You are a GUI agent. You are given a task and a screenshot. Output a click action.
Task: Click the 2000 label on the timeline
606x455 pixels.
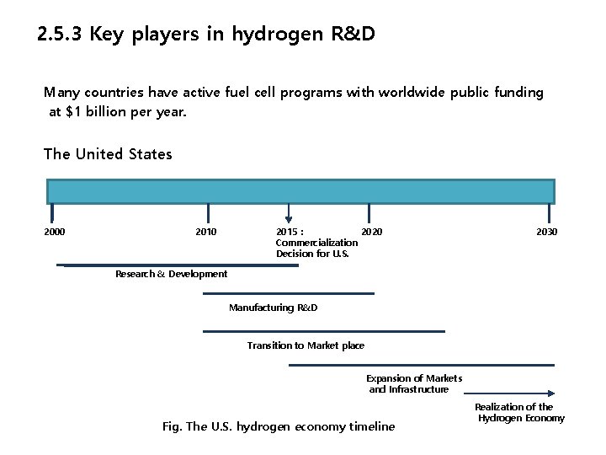[x=55, y=232]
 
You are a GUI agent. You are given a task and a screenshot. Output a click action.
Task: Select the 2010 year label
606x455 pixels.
[x=205, y=232]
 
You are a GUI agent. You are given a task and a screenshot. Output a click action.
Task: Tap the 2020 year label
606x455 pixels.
[x=371, y=232]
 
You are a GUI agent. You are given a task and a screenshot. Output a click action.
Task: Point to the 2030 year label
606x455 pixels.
[x=546, y=232]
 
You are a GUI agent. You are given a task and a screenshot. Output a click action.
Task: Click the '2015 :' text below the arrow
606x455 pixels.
[x=290, y=232]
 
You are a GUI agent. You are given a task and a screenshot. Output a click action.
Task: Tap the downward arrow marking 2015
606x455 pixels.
[x=289, y=213]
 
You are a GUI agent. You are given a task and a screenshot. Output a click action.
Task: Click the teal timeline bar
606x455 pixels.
[x=300, y=191]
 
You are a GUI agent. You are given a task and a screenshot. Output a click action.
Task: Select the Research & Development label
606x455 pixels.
[x=171, y=274]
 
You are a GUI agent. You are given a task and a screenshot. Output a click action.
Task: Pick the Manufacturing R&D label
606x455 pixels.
[x=273, y=308]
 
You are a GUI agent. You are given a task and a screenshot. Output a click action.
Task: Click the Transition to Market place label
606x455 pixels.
[x=306, y=345]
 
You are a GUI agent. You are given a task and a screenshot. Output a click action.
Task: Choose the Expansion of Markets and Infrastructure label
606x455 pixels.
[x=413, y=384]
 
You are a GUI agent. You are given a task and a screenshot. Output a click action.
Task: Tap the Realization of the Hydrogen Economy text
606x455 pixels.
[x=518, y=413]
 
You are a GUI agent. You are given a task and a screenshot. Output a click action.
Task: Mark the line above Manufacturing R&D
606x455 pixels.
[x=288, y=293]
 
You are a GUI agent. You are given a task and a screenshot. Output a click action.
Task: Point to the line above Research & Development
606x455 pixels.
[x=181, y=265]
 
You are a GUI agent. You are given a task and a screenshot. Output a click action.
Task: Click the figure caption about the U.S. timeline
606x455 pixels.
[x=278, y=426]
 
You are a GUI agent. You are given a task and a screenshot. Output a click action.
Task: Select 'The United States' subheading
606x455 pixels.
[x=108, y=154]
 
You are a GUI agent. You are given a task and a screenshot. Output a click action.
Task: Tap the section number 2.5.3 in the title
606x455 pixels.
[x=61, y=35]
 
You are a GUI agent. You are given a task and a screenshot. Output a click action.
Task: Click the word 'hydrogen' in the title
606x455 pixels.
[x=271, y=35]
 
